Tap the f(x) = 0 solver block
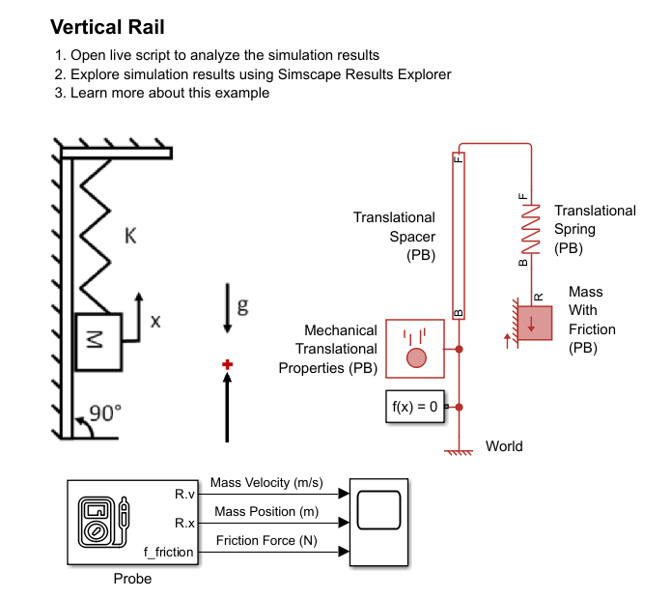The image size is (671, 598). click(x=415, y=408)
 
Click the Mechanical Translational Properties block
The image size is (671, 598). click(x=415, y=348)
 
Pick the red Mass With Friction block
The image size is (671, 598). click(x=533, y=323)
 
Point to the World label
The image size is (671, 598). click(x=504, y=446)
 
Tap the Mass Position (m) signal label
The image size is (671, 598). click(x=266, y=511)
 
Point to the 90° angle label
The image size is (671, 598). click(x=104, y=413)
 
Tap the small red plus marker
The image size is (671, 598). click(x=228, y=364)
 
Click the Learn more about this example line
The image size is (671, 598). click(x=170, y=93)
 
